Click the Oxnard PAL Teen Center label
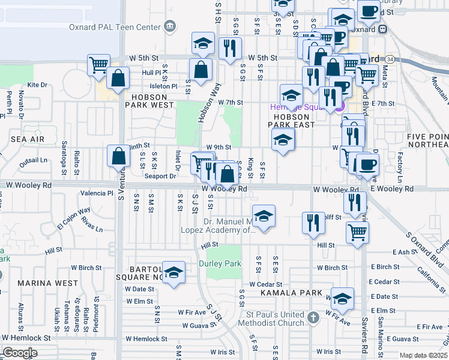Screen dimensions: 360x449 point(124,27)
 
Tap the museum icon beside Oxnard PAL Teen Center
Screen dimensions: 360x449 point(170,26)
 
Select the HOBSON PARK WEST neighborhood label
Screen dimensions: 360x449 point(149,100)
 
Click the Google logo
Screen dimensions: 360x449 point(20,352)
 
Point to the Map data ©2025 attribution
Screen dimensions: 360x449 point(424,356)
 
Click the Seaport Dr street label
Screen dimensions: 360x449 point(160,176)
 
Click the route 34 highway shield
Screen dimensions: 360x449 point(391,59)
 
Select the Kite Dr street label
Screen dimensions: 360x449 point(37,85)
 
